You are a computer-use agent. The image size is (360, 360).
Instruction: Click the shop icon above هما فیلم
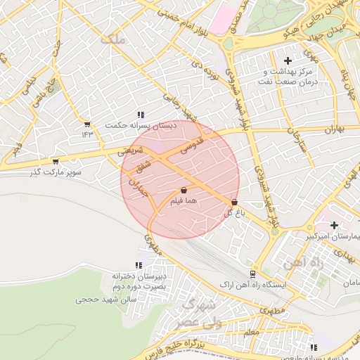click(x=184, y=190)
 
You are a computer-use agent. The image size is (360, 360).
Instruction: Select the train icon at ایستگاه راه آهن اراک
click(x=252, y=274)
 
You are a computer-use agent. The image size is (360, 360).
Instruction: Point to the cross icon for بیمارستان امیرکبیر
click(x=334, y=225)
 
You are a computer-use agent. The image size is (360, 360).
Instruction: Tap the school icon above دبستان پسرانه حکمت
click(x=141, y=114)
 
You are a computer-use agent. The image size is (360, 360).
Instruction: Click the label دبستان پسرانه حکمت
click(x=139, y=125)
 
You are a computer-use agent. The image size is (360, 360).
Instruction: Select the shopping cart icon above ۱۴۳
click(x=87, y=124)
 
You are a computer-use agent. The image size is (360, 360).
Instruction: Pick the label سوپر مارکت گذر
click(x=56, y=172)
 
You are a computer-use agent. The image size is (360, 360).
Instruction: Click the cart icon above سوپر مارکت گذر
click(x=56, y=162)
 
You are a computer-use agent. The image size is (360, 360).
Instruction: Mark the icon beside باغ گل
click(x=233, y=202)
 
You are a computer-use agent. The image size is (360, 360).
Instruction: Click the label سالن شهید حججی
click(x=100, y=300)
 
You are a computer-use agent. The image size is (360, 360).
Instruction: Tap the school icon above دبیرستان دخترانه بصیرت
click(x=139, y=265)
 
